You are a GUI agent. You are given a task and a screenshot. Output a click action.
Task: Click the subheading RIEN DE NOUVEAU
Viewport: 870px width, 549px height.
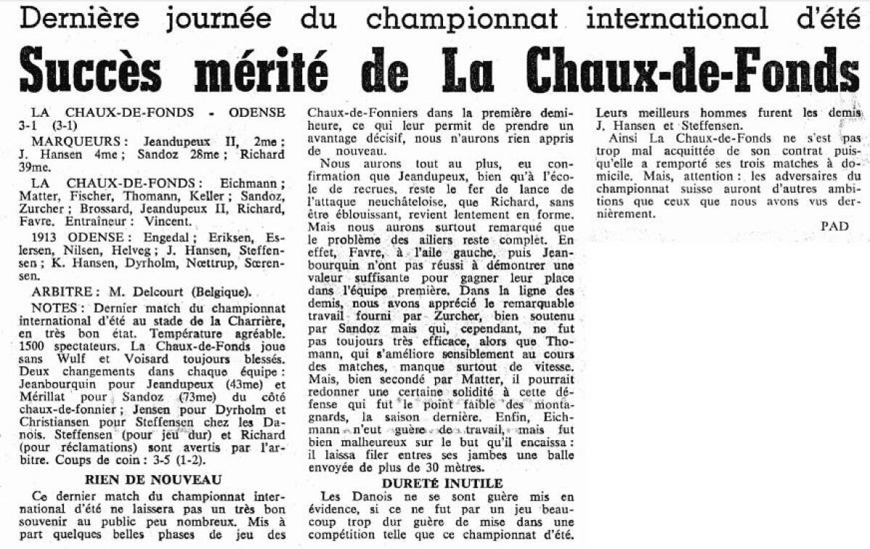coord(153,479)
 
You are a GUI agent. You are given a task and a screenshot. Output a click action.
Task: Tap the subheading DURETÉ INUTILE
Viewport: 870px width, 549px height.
coord(441,482)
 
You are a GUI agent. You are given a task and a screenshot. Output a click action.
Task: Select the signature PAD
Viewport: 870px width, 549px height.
coord(834,226)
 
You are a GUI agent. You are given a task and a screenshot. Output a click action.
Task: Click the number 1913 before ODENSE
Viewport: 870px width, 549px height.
coord(46,237)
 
